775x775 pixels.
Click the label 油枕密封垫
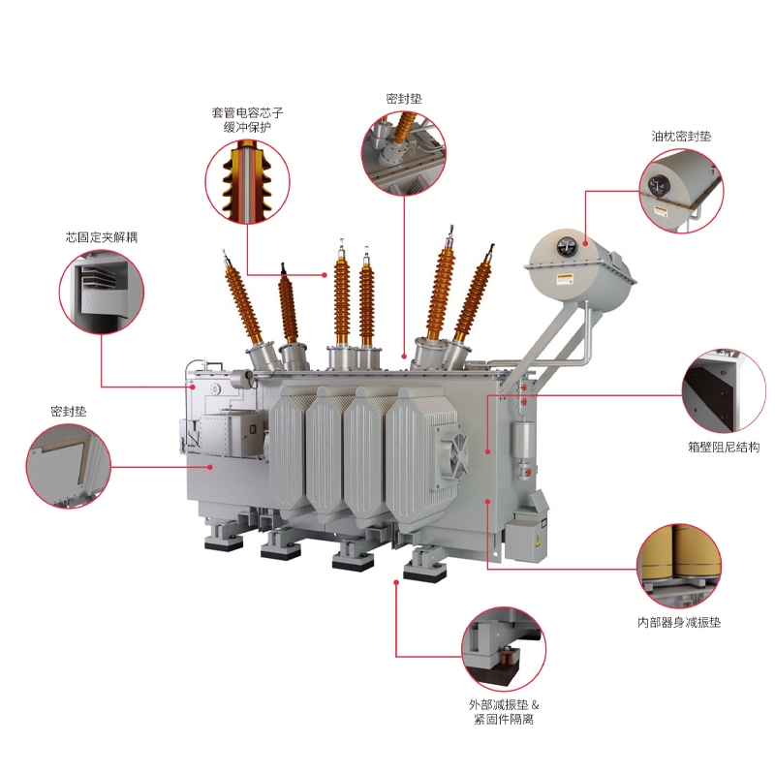[681, 137]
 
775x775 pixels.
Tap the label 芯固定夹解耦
[101, 236]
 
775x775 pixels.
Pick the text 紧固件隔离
[503, 720]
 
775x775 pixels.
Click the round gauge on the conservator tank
[567, 246]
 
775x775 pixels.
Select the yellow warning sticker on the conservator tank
[564, 279]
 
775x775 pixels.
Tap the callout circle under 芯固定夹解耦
[101, 292]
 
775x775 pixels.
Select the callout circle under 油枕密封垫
[681, 191]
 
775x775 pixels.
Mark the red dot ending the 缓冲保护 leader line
[325, 275]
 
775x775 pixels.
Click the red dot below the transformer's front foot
[396, 583]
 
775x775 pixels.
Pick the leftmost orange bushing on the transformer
[244, 300]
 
